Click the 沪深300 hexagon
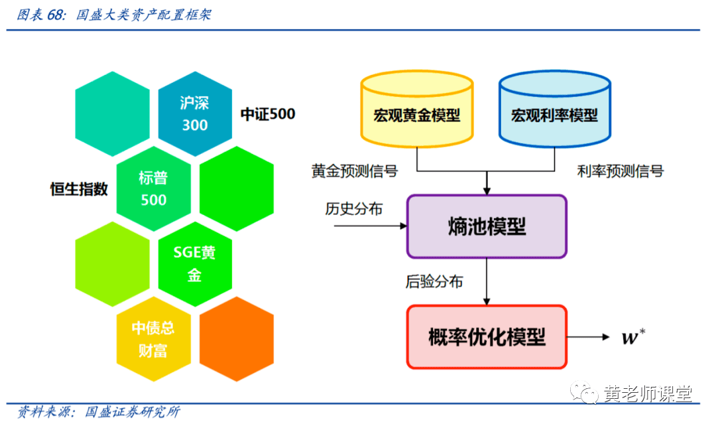coord(194,113)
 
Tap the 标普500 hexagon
coord(153,189)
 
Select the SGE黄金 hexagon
coord(194,263)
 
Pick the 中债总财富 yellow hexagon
coord(153,338)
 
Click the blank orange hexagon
coord(236,338)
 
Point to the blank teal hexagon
coord(112,113)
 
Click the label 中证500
coord(267,114)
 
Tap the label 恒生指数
coord(79,189)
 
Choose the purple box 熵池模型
coord(487,226)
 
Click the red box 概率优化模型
coord(487,337)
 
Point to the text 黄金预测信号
coord(355,171)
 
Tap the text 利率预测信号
coord(620,171)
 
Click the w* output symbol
coord(630,337)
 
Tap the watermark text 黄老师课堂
coord(648,394)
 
